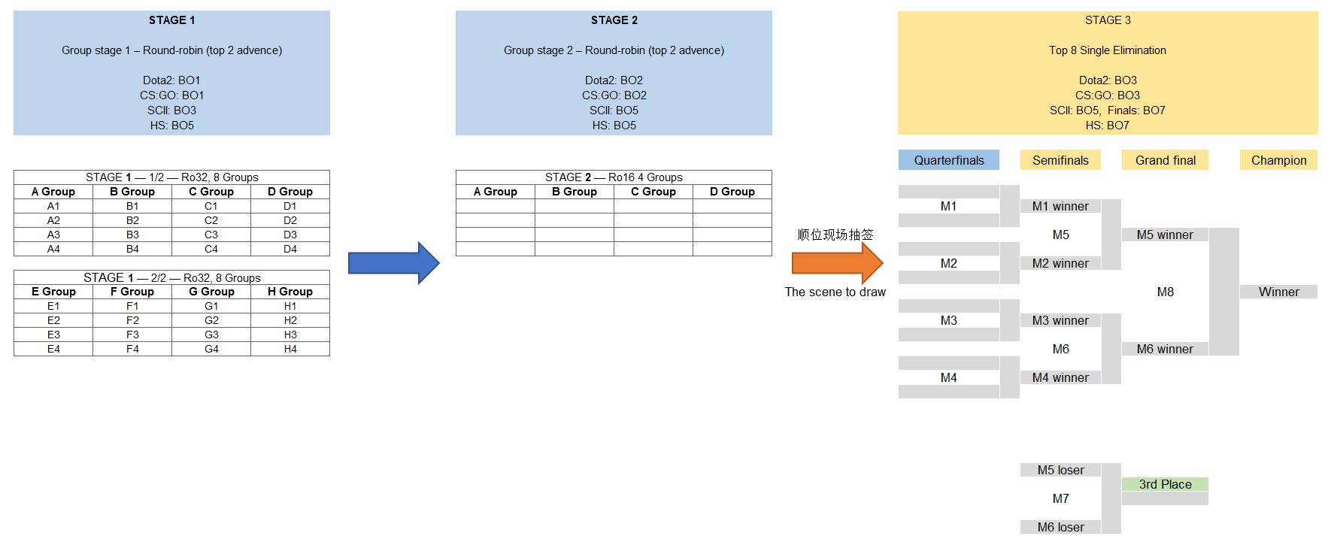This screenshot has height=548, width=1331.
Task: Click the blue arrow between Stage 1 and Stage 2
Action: pos(393,263)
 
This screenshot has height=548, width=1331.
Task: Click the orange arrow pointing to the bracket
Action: pos(837,263)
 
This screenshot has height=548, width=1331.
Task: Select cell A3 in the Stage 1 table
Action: pos(53,235)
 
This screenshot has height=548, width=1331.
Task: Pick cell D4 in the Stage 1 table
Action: pos(290,249)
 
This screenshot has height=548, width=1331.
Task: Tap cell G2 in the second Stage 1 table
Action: pos(211,320)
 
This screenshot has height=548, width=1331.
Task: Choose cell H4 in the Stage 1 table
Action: pos(290,349)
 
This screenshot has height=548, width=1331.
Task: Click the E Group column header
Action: pos(53,292)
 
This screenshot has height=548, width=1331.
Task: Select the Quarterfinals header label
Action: pos(949,160)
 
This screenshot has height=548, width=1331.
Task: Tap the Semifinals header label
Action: pos(1060,160)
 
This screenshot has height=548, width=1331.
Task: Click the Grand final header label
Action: pos(1165,160)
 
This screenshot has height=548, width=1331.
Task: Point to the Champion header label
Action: pos(1278,160)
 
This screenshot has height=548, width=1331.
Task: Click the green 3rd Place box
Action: pos(1165,484)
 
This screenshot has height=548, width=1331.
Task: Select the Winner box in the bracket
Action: pos(1278,292)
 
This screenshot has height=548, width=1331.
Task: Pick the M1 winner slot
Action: pos(1060,206)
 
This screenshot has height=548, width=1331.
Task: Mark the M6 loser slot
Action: pos(1060,527)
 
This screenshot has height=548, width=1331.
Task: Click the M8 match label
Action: pos(1165,292)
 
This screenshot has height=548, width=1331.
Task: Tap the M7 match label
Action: pos(1060,498)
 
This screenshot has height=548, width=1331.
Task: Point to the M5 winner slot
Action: pos(1165,235)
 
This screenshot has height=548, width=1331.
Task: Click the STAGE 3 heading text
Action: pos(1108,20)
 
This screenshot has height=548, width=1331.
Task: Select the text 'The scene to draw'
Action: pos(835,292)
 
